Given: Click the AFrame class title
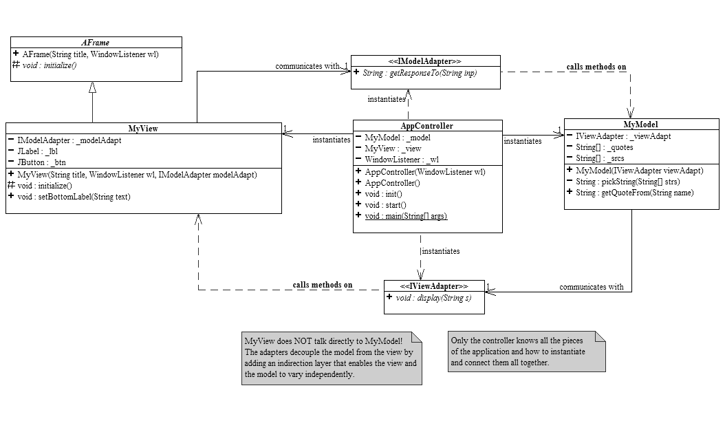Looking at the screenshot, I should tap(95, 43).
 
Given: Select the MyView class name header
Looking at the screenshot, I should tap(143, 129).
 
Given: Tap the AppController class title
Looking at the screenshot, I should tap(426, 126).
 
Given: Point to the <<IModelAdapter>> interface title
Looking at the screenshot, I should tap(425, 61).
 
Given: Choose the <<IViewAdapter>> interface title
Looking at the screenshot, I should tap(434, 286).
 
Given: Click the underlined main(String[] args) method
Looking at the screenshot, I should tap(405, 216).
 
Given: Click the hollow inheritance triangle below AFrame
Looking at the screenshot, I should tap(93, 87).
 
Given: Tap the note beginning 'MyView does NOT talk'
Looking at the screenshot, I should tap(331, 358).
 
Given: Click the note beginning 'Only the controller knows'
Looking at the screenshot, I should tap(527, 352).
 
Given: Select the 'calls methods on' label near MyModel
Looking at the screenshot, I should tap(596, 67).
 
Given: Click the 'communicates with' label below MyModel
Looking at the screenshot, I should tap(591, 287).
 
